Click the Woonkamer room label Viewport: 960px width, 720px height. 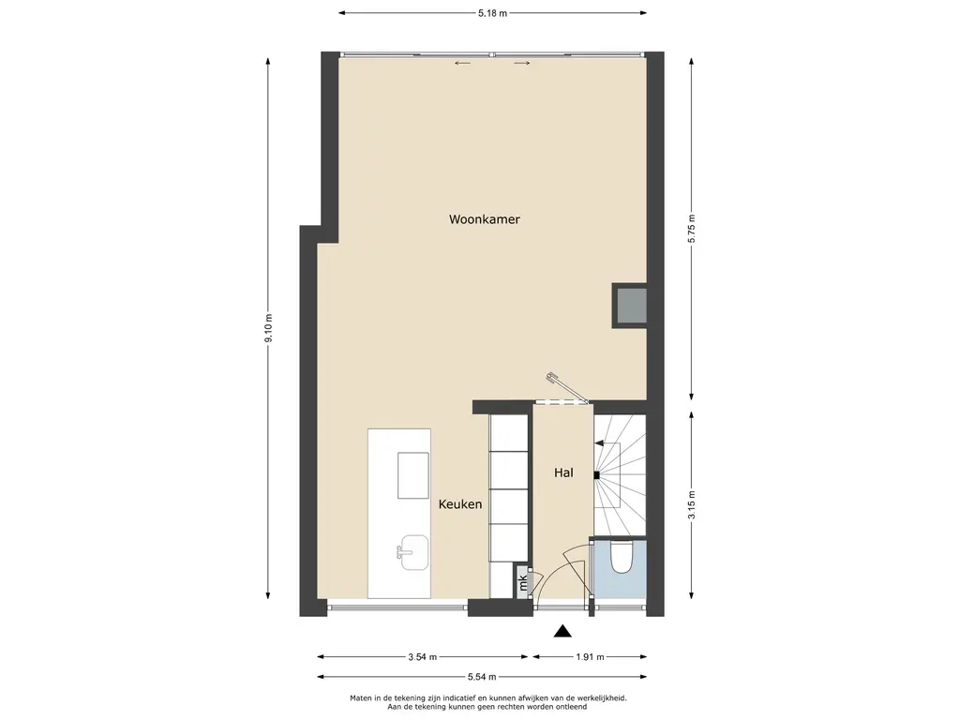pos(485,219)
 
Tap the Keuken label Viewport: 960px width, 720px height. pos(460,504)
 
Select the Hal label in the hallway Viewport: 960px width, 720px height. pos(563,472)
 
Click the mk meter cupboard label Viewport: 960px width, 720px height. pos(523,581)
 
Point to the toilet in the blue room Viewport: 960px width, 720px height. pos(622,557)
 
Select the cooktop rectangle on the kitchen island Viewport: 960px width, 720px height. pos(413,475)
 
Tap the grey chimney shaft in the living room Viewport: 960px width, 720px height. pos(631,306)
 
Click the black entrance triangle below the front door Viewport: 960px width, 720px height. pos(562,631)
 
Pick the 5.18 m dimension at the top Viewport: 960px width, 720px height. pos(493,13)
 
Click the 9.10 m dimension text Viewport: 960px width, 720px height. pos(268,329)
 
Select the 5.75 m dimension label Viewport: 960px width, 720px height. pos(691,230)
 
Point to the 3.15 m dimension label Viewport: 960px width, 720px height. pos(691,505)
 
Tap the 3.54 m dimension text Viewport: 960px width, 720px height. pos(423,657)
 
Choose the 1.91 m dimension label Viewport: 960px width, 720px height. pos(590,657)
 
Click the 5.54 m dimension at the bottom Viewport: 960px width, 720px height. pos(482,677)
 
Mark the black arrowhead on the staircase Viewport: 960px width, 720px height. pos(599,443)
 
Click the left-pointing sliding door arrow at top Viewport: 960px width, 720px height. pos(462,63)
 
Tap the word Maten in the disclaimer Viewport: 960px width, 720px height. pos(361,697)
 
